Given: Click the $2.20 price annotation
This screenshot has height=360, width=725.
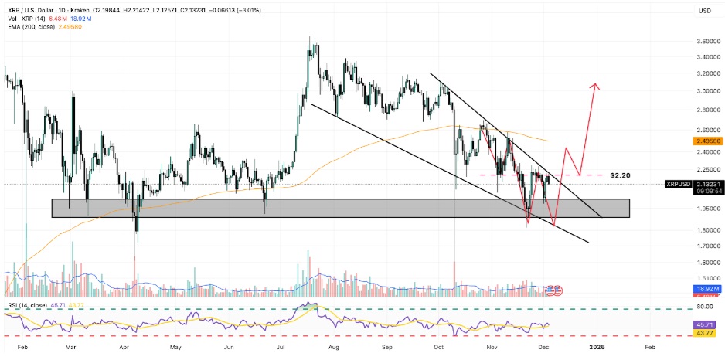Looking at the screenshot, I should coord(621,175).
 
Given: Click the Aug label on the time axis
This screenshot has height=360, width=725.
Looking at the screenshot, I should coord(333,348).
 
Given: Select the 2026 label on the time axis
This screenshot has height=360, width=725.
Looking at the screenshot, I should coord(596,348).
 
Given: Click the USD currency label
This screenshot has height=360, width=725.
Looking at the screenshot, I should coord(704,11).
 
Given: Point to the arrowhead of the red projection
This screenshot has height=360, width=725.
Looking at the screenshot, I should coord(594,85).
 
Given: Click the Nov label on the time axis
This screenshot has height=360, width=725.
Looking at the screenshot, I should coord(492,348).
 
